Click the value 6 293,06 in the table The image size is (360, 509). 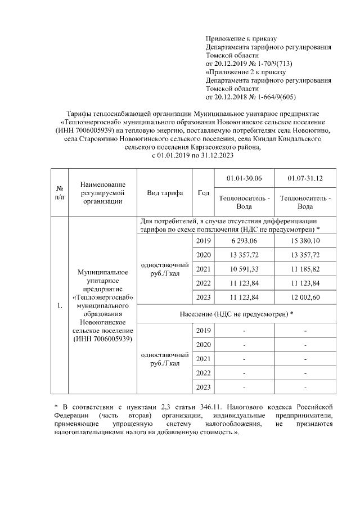(244, 241)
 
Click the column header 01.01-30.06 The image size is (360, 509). (244, 178)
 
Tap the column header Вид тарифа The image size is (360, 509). (165, 193)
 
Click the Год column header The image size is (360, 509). (203, 193)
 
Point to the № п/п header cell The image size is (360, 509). (59, 193)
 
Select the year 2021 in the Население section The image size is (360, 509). (203, 358)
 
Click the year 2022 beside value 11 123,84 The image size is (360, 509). (203, 282)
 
